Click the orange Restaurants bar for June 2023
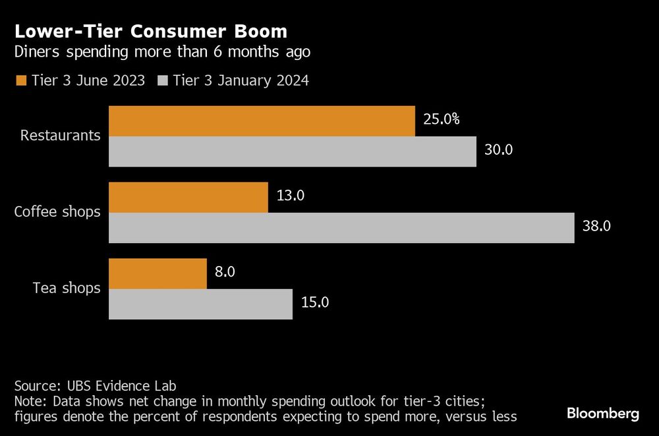coord(262,121)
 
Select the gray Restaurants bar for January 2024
coord(292,151)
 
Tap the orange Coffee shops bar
coord(188,198)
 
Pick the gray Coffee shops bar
coord(341,228)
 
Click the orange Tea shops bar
coord(158,273)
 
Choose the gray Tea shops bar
coord(200,304)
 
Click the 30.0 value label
coord(498,150)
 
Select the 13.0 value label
coord(289,196)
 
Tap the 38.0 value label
coord(597,227)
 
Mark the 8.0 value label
coord(225,273)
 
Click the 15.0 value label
coord(314,303)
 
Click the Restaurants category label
coord(61,136)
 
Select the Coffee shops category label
coord(58,212)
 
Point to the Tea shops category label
coord(67,288)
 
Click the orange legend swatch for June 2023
coord(20,81)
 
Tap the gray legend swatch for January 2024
coord(163,81)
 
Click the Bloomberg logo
coord(603,414)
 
